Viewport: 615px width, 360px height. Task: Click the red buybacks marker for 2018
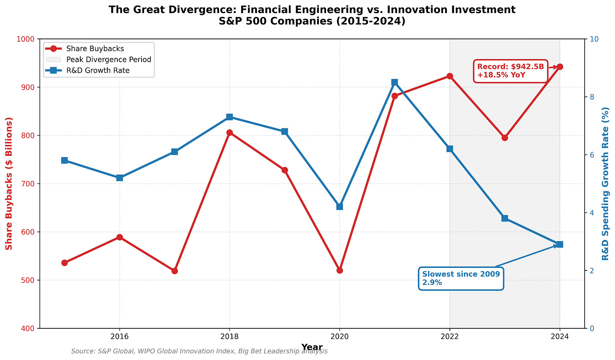(229, 133)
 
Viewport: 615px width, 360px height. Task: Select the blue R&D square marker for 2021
(395, 82)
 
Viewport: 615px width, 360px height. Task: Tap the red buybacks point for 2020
(340, 270)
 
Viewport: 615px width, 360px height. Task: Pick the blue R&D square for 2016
(120, 178)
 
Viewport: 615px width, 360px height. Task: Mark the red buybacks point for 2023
(505, 138)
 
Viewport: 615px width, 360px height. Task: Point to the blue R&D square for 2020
(340, 207)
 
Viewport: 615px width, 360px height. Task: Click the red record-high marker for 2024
(560, 67)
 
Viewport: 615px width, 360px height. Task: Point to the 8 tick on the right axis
(592, 97)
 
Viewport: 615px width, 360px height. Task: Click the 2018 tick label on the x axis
(229, 336)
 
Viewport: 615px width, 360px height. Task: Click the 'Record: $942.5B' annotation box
(511, 71)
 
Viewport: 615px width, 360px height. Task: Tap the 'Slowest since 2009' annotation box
(461, 278)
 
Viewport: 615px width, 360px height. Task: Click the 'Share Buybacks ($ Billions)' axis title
(9, 183)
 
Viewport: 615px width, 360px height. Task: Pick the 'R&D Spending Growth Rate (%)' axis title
(605, 183)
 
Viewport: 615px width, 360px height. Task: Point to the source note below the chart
(199, 351)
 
